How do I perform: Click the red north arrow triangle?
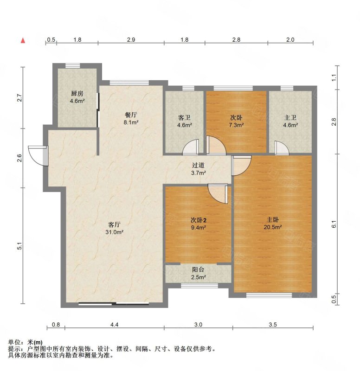click(23, 40)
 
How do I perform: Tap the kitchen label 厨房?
click(77, 94)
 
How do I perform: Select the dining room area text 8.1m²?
click(131, 122)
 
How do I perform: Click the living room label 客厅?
click(114, 224)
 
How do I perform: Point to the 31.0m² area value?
click(114, 232)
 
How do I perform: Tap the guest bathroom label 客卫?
click(184, 118)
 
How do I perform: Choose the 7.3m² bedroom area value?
click(236, 125)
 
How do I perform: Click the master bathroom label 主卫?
click(290, 118)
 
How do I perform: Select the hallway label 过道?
click(198, 165)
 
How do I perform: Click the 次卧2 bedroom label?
click(199, 220)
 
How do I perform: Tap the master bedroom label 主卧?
click(273, 219)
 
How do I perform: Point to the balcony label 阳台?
click(198, 269)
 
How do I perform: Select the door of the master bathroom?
click(282, 148)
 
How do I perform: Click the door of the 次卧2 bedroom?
click(218, 194)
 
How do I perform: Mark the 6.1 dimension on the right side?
click(334, 224)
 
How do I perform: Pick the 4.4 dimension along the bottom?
click(114, 324)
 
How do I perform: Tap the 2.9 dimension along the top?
click(131, 39)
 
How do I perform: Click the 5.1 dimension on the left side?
click(20, 246)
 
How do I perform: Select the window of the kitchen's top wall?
click(73, 65)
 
